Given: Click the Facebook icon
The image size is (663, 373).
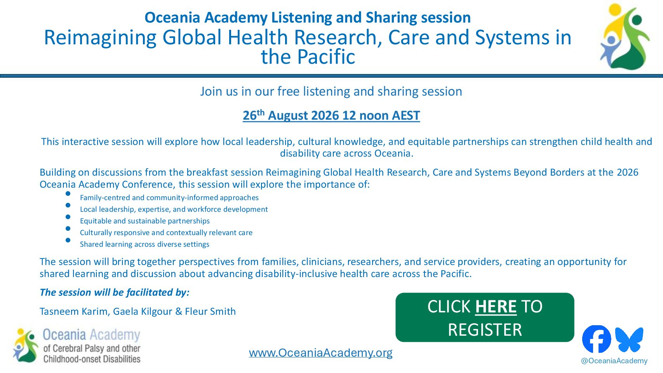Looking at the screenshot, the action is [x=597, y=339].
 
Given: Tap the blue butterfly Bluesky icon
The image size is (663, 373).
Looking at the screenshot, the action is [x=629, y=339].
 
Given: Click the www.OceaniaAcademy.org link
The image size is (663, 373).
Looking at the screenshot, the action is [x=320, y=352].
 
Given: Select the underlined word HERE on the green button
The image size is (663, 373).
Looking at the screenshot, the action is [x=496, y=307].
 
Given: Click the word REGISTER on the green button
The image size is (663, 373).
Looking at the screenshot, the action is [x=485, y=330].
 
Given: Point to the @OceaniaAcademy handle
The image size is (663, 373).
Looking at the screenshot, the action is [x=614, y=361].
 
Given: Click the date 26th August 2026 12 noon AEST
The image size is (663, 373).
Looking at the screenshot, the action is [x=331, y=115].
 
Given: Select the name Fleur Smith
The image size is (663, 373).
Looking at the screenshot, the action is [x=210, y=312].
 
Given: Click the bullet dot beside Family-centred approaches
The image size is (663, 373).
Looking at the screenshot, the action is [x=68, y=193].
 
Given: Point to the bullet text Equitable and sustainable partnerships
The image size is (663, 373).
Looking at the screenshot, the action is [x=145, y=221].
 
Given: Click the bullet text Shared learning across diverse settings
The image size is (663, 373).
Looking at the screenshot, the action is [x=144, y=244].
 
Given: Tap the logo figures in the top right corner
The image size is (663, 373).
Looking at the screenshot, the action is [x=625, y=37].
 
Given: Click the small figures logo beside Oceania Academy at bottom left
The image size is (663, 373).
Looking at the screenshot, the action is [x=26, y=345].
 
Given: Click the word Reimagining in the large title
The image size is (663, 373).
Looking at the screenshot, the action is [x=100, y=38].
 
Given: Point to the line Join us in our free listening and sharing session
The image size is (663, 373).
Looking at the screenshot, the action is [x=331, y=91].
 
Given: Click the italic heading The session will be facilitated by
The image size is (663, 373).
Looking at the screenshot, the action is [x=115, y=293].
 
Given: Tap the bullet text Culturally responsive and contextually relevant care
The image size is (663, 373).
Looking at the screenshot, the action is [x=166, y=233].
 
